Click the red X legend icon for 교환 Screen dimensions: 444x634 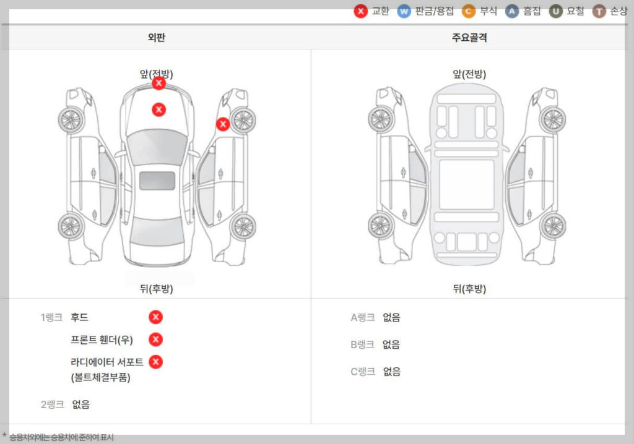coord(361,11)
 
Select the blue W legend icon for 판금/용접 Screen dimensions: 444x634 coord(404,11)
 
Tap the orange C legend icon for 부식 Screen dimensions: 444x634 coord(469,11)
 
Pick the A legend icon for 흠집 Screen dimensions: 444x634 coord(512,11)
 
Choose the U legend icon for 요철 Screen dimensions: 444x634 coord(556,11)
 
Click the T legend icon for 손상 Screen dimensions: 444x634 coord(599,11)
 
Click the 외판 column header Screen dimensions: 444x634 coord(157,38)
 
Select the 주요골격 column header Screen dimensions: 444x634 coord(469,38)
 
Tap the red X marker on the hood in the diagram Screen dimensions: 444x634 coord(159,109)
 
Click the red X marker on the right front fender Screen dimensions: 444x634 coord(223,124)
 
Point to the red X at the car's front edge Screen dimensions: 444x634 coord(159,83)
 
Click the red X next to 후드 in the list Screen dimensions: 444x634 coord(156,317)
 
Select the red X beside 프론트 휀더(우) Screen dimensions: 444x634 coord(156,339)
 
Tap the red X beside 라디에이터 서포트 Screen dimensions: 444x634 coord(156,362)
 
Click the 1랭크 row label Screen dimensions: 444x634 coord(51,317)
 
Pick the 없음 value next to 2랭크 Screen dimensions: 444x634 coord(81,404)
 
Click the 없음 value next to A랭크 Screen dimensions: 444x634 coord(391,317)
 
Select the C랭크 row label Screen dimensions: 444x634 coord(363,372)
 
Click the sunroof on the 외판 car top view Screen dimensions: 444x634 coord(157,181)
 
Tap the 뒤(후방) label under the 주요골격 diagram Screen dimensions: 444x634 coord(469,289)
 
